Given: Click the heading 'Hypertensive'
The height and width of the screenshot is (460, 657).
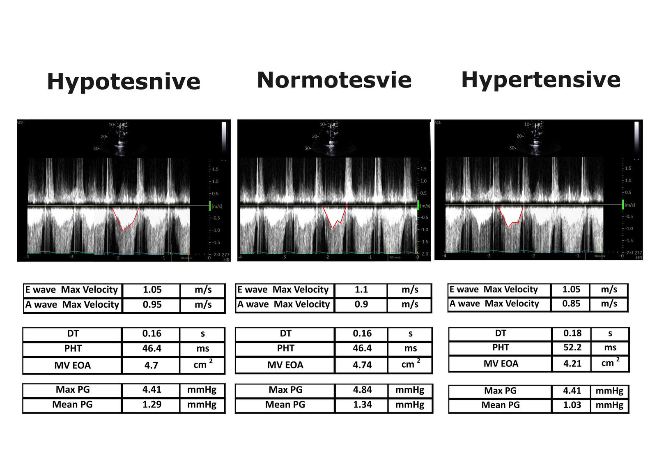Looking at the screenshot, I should tap(540, 80).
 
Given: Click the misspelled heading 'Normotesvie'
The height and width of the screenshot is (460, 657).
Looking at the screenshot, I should tap(334, 80).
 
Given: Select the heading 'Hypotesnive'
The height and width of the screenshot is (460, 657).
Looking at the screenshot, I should tap(124, 81).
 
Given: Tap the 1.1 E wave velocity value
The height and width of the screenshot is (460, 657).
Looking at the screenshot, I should tap(361, 290).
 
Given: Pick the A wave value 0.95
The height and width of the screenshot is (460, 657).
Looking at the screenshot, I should tap(152, 305).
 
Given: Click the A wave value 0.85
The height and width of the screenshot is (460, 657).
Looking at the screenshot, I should tap(571, 304).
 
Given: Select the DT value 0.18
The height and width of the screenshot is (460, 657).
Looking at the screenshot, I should tap(572, 333).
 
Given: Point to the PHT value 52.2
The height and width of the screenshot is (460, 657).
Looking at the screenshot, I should tap(572, 348).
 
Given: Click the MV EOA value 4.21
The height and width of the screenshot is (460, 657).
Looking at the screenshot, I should tap(572, 364).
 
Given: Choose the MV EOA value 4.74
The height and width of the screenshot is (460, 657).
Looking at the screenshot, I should tap(362, 365).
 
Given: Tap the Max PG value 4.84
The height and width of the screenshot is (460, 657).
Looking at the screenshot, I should tap(362, 390).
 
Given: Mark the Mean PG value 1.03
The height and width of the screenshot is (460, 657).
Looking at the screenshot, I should tap(572, 405).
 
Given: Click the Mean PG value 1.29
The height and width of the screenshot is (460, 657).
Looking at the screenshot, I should tap(152, 405).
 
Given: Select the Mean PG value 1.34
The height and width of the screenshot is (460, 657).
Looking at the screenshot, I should tap(362, 405).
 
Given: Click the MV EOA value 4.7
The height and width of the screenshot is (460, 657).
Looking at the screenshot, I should tap(151, 366).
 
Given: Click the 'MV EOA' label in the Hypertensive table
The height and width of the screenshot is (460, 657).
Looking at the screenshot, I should tap(501, 364).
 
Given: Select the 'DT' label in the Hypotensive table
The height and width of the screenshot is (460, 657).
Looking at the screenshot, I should tap(73, 334).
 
